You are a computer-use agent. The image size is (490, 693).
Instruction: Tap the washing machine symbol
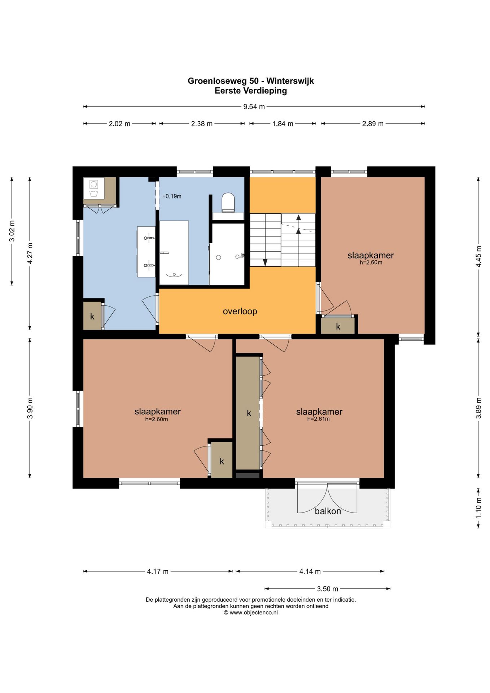[x=94, y=188]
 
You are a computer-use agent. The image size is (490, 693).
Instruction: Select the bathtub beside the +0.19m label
[x=174, y=253]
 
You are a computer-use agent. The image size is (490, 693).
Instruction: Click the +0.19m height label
[x=172, y=196]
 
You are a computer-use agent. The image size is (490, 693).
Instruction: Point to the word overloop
[x=240, y=311]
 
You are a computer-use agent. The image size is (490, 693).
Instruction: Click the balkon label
[x=328, y=511]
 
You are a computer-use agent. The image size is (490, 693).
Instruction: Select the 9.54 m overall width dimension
[x=254, y=106]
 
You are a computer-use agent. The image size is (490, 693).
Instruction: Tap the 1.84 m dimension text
[x=283, y=123]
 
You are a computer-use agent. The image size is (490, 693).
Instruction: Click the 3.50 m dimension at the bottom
[x=328, y=589]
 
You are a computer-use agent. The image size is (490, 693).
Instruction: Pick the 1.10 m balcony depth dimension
[x=478, y=508]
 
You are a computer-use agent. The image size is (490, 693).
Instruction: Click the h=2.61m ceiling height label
[x=319, y=419]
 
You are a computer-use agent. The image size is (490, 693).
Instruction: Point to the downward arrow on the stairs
[x=265, y=263]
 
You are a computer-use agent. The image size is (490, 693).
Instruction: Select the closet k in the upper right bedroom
[x=338, y=326]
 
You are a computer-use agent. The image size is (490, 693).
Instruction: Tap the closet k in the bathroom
[x=92, y=316]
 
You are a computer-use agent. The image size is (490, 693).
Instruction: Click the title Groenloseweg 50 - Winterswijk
[x=251, y=81]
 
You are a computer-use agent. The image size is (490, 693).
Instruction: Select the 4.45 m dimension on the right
[x=478, y=257]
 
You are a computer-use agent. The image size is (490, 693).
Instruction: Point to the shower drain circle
[x=218, y=257]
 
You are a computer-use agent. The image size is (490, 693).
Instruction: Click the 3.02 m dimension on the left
[x=12, y=231]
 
